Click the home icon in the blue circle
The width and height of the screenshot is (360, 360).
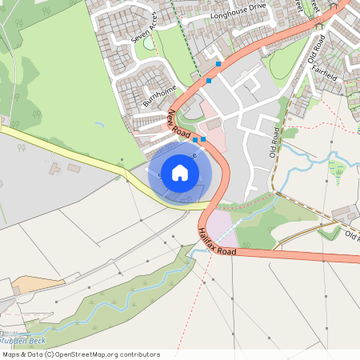click(180, 172)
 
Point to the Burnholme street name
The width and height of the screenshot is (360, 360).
click(158, 95)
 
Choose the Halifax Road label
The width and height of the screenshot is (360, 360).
click(217, 241)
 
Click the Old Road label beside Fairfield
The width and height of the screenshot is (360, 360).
click(315, 49)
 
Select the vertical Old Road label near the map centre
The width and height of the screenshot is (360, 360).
click(276, 142)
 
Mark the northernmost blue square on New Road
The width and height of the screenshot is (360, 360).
click(218, 63)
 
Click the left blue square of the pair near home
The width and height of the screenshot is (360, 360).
click(195, 140)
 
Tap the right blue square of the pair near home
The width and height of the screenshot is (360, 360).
click(203, 140)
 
